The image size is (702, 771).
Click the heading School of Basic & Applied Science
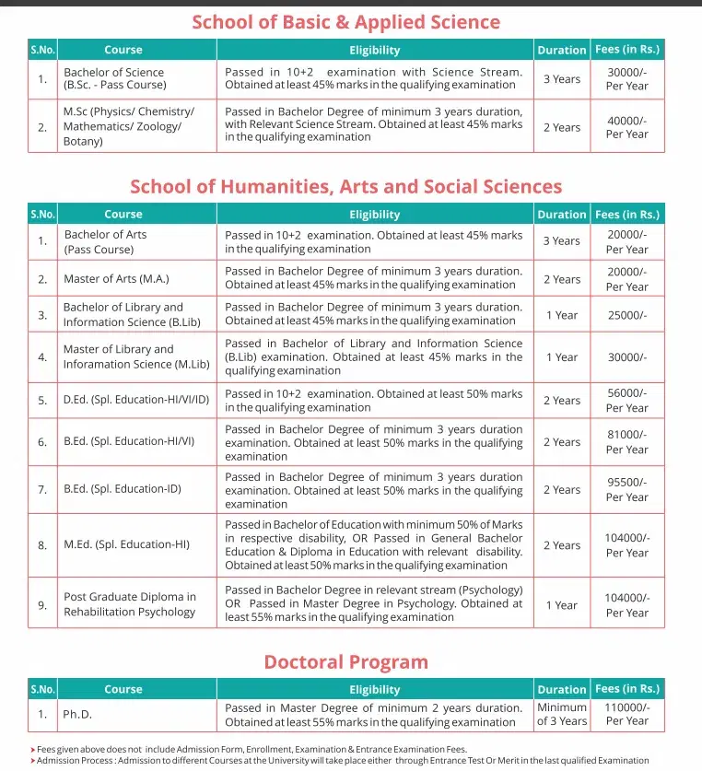click(x=345, y=22)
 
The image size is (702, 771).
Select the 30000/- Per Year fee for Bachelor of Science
click(x=626, y=78)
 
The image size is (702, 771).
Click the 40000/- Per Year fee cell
click(x=626, y=127)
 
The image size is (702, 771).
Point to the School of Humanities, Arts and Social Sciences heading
click(x=345, y=187)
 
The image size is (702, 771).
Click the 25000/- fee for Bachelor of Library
click(x=626, y=315)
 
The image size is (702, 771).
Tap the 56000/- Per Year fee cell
click(x=626, y=401)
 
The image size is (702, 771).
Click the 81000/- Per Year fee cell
click(x=626, y=442)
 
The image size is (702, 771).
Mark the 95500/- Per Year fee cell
click(x=626, y=489)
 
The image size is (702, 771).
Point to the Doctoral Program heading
click(x=345, y=662)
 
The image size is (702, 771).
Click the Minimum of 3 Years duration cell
click(x=561, y=714)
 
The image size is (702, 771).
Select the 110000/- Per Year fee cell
click(x=626, y=714)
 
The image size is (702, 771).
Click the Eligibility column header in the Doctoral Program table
click(x=374, y=689)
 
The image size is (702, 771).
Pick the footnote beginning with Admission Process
click(x=341, y=761)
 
